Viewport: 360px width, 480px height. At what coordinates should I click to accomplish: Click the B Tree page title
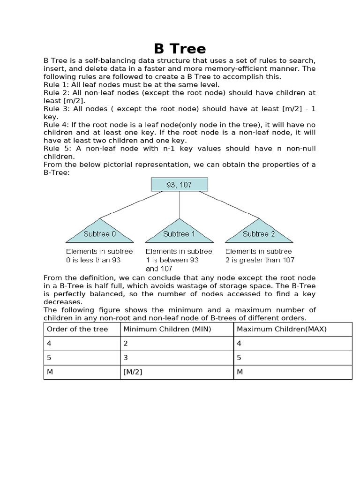[180, 49]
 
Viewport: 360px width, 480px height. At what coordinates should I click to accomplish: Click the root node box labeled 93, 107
[180, 185]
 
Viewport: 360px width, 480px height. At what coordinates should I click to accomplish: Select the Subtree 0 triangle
[99, 232]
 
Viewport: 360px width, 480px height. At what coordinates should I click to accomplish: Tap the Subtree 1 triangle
[180, 232]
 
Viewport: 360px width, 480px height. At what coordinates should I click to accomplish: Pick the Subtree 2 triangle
[259, 232]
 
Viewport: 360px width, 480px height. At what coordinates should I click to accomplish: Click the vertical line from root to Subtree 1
[180, 205]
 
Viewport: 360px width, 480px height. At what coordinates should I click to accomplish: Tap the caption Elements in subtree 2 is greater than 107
[260, 255]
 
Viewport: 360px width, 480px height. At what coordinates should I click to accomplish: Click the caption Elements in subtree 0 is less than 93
[99, 255]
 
